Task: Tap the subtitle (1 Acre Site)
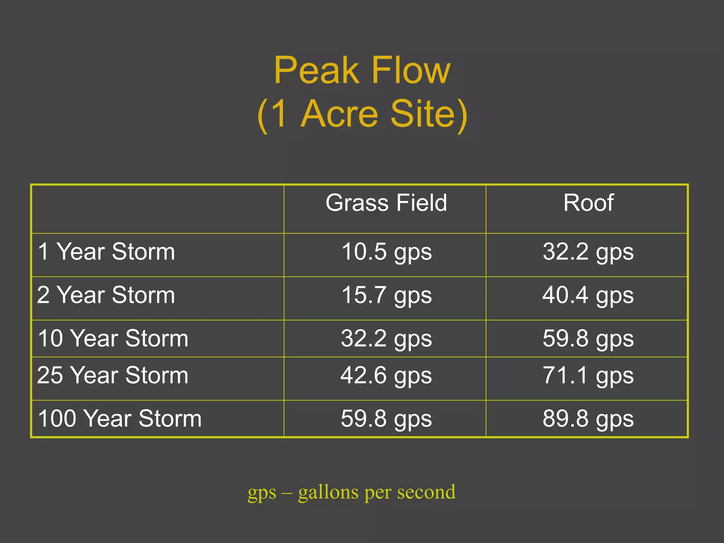[362, 114]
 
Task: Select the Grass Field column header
[386, 203]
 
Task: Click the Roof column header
[588, 203]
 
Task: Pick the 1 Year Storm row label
[106, 252]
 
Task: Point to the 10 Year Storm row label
[113, 338]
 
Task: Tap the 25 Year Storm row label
[112, 375]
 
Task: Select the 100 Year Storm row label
[119, 419]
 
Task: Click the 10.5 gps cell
[386, 252]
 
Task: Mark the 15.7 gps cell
[386, 296]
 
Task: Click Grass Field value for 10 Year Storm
[386, 339]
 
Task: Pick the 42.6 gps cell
[386, 376]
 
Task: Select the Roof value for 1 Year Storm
[588, 252]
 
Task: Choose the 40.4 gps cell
[588, 296]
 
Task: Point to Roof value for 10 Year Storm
[588, 339]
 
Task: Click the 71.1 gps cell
[588, 376]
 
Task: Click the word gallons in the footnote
[328, 492]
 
